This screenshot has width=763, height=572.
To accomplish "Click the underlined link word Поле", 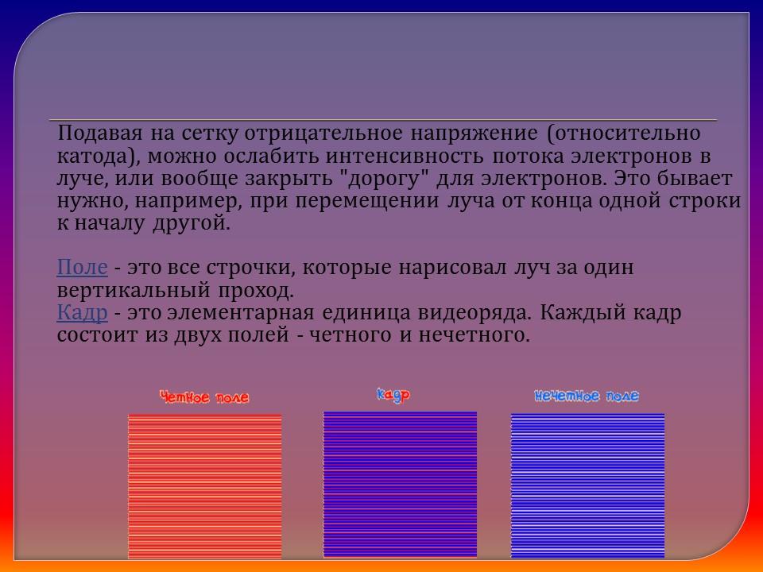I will pos(82,268).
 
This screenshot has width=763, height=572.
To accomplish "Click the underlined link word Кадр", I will pos(82,313).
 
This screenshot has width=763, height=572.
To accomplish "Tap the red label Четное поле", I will pos(204,397).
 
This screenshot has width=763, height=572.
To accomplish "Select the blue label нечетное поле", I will pos(587,396).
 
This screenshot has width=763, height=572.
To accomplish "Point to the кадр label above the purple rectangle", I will pos(393,394).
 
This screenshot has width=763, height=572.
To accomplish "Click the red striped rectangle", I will pos(204,486).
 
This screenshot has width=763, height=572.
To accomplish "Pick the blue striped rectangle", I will pos(587,486).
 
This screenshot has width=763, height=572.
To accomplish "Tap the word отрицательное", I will pos(325,132).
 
